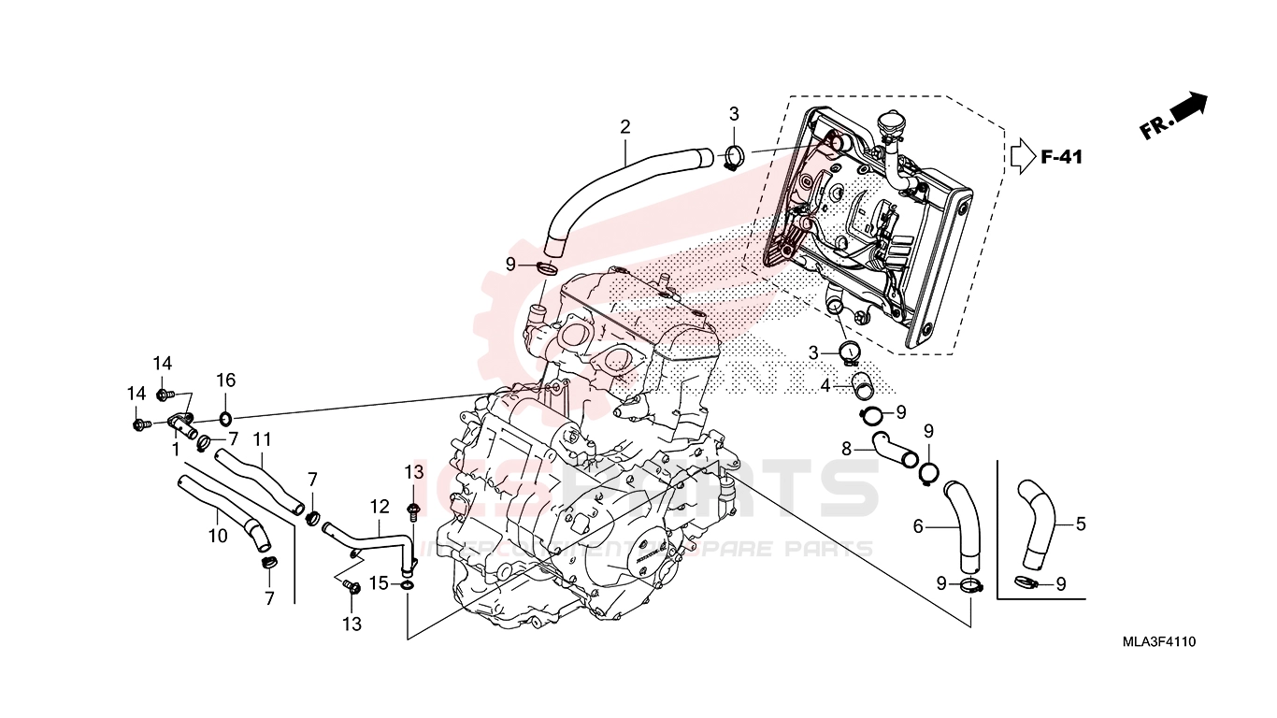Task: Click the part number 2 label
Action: [624, 127]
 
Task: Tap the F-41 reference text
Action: [1061, 157]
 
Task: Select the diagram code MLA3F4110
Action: [1160, 641]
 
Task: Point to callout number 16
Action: [225, 380]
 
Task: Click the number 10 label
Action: [217, 536]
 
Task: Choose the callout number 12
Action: [379, 507]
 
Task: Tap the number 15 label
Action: [378, 583]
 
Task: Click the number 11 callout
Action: [262, 438]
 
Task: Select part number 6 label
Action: [918, 527]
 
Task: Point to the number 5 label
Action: [1081, 524]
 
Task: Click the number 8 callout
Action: [846, 449]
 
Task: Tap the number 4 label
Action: [825, 384]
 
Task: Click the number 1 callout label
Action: [175, 449]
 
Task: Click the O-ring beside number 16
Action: [225, 416]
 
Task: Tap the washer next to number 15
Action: [407, 585]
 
